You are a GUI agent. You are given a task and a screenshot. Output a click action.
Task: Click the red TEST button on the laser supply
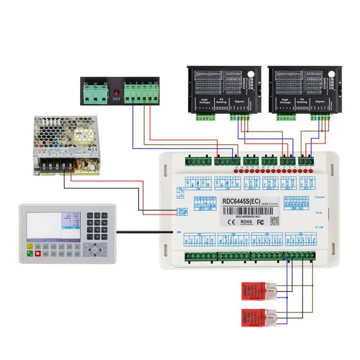[x=116, y=92]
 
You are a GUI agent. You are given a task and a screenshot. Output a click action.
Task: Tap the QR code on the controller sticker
[x=274, y=220]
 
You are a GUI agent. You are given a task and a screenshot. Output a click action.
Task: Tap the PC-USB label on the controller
[x=320, y=227]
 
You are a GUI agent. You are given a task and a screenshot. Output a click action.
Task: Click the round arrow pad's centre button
[x=95, y=248]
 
